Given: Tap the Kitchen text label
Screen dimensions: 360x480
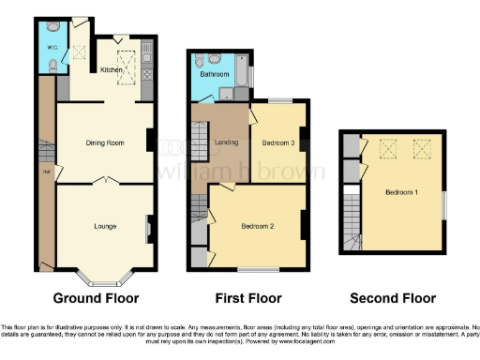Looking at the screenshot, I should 112,69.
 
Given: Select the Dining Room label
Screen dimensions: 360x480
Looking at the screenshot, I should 105,142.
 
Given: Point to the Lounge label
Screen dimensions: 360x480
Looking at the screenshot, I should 105,226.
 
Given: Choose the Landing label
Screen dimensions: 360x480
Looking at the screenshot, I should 226,142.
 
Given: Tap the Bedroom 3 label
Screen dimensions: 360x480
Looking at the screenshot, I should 278,142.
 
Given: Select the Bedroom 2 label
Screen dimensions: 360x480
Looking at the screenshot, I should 257,226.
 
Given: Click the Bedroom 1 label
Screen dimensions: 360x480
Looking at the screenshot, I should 401,192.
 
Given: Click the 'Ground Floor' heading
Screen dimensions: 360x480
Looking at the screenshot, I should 97,299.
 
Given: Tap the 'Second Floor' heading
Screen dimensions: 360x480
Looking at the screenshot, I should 393,299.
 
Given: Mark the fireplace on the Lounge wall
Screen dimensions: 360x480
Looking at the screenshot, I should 149,228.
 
